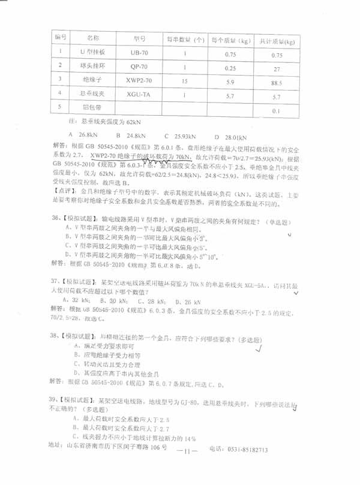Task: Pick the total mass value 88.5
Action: pos(277,82)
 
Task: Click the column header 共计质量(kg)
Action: pos(277,42)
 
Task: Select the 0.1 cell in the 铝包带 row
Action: pos(277,110)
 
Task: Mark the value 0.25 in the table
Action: pos(229,68)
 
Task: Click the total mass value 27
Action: pos(277,69)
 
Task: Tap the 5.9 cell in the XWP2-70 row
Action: pos(229,82)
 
